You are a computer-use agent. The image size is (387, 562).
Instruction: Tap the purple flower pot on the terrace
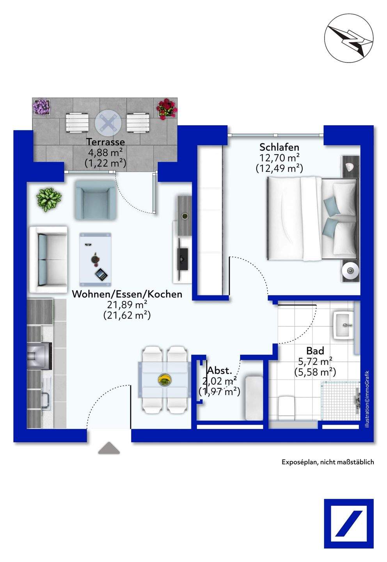coord(42,107)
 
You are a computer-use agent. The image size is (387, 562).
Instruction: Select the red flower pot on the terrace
coord(167,108)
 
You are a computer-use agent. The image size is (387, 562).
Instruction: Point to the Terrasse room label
coord(106,142)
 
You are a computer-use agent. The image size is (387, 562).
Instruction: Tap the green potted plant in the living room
coord(49,200)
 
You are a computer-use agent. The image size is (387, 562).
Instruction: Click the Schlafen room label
coord(279,147)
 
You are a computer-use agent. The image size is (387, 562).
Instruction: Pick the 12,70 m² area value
coord(279,158)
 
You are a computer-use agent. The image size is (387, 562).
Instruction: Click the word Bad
coord(315,351)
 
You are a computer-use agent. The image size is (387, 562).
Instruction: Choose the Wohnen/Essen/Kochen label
coord(127,294)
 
